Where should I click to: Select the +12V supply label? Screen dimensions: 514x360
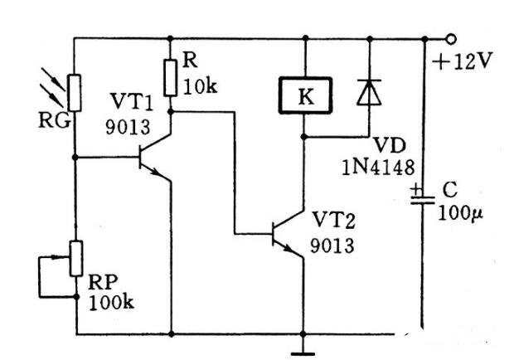(x=463, y=61)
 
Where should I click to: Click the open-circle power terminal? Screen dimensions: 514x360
(x=451, y=39)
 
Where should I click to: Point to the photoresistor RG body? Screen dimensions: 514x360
(x=75, y=93)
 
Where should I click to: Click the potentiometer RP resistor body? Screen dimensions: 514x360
(x=76, y=259)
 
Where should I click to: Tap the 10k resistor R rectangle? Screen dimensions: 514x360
(x=171, y=78)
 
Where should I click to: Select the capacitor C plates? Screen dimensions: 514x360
(x=423, y=200)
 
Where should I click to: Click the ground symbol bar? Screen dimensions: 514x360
(x=303, y=353)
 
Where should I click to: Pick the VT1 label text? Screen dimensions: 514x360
(x=132, y=102)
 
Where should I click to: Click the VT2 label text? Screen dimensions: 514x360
(x=333, y=221)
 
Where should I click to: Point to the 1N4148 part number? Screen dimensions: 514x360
(x=378, y=168)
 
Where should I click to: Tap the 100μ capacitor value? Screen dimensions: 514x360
(x=460, y=214)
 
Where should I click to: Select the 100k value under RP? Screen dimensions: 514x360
(x=111, y=303)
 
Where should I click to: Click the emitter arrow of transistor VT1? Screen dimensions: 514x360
(x=155, y=172)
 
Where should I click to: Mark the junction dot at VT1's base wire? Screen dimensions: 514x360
(x=75, y=158)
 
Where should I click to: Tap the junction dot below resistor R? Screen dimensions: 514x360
(x=171, y=112)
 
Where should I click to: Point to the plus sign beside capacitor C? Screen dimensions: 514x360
(x=417, y=189)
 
